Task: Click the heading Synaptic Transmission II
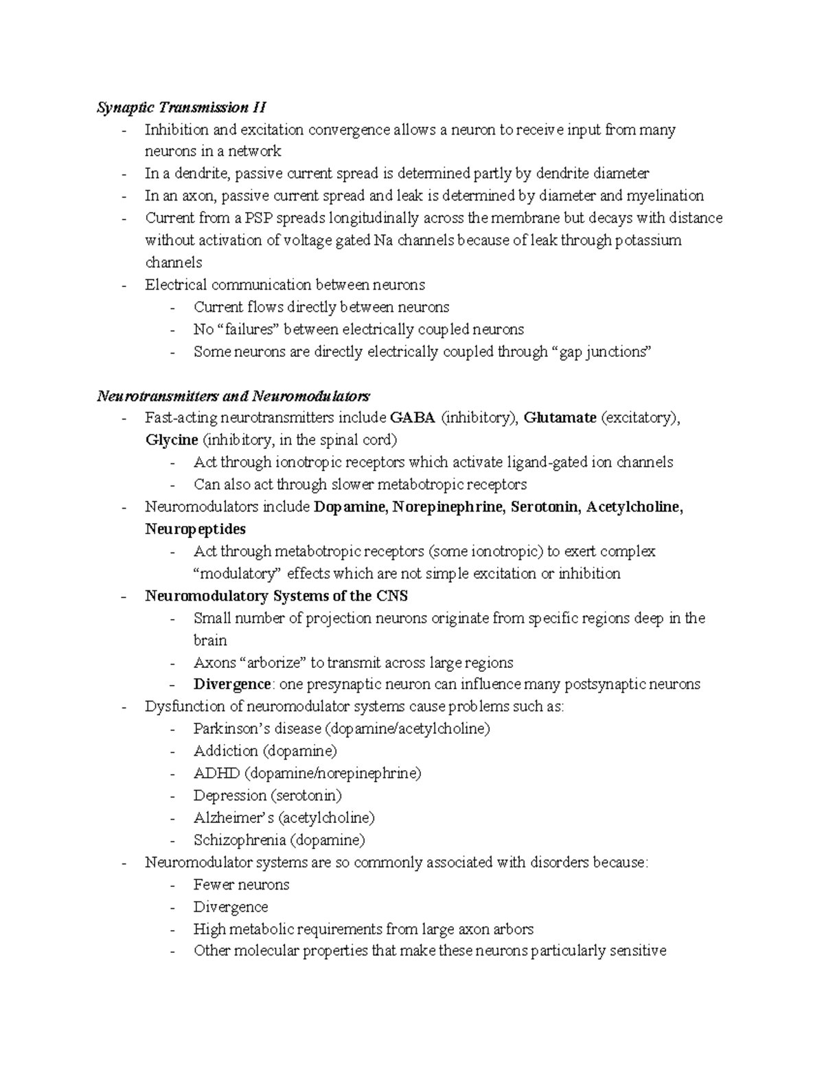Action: pos(181,107)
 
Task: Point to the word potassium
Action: pos(648,240)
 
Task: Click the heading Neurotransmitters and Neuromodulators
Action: pos(233,396)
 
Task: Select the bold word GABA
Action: pos(412,418)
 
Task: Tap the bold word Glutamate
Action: pos(560,418)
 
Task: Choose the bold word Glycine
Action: pos(172,440)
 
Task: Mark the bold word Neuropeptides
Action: pos(195,529)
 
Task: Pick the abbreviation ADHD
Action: pos(216,774)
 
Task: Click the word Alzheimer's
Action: pos(233,818)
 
